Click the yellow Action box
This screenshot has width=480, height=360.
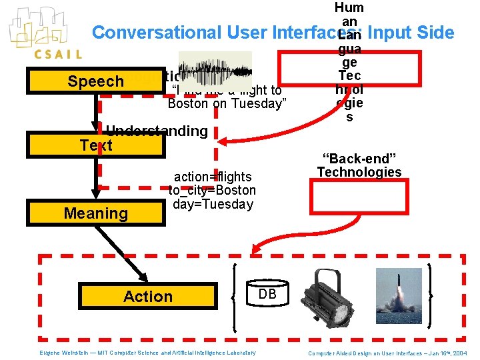tap(148, 297)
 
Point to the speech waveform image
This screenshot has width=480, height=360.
tap(215, 67)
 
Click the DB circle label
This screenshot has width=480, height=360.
tap(267, 294)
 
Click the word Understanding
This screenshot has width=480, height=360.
tap(157, 131)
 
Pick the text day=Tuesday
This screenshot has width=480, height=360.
tap(213, 204)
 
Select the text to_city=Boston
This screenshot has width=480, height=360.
tap(212, 191)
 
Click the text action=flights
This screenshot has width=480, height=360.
tap(213, 177)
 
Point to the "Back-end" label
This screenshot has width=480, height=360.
tap(359, 158)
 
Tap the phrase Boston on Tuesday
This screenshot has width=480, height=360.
tap(227, 103)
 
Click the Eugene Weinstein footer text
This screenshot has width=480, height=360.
tap(146, 353)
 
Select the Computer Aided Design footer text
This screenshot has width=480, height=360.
tap(388, 353)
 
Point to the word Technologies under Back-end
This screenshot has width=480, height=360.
tap(359, 172)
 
